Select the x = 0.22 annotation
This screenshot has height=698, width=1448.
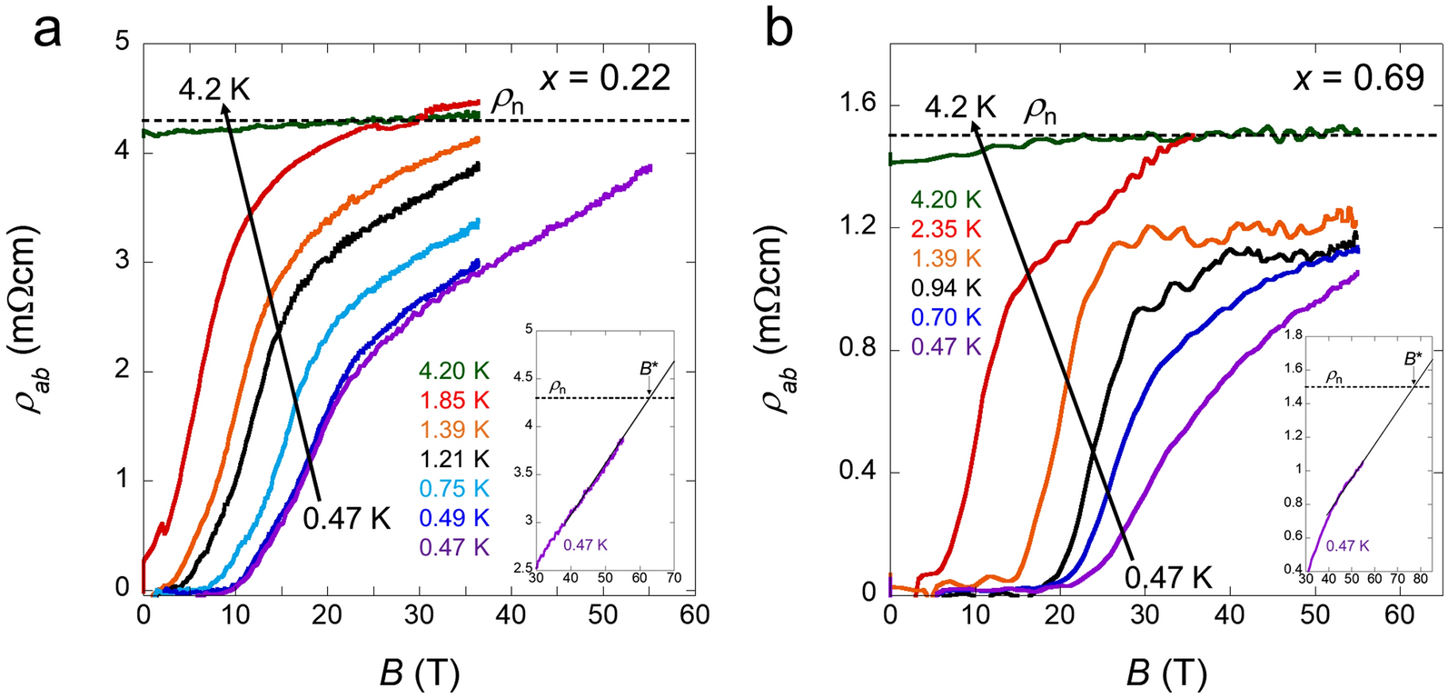(x=605, y=78)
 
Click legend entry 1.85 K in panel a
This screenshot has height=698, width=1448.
(x=453, y=400)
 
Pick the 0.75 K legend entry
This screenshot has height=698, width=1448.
(x=453, y=489)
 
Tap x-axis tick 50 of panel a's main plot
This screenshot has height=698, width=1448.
(x=603, y=615)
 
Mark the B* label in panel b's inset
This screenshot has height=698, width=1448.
(x=1413, y=359)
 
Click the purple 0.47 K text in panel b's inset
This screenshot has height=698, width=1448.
(x=1346, y=545)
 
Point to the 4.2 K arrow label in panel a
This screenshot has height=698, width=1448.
(x=214, y=89)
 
